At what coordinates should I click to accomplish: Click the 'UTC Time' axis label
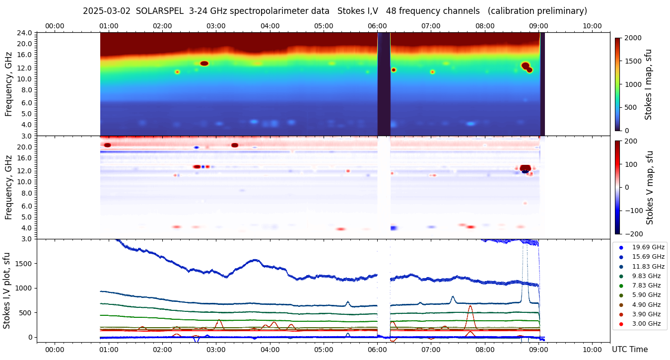click(630, 350)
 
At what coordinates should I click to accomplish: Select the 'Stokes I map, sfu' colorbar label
click(648, 84)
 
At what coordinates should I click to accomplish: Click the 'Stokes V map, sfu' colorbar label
click(649, 187)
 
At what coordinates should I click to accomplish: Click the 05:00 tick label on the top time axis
click(324, 26)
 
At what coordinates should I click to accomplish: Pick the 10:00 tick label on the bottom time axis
click(592, 350)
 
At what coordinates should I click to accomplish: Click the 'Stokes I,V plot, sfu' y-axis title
click(7, 290)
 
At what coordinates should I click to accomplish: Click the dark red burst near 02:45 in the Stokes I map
click(204, 64)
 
